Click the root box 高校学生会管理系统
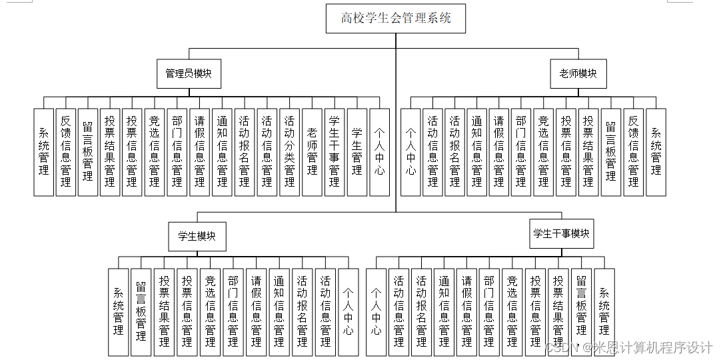point(395,18)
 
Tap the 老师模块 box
point(578,73)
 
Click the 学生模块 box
point(197,236)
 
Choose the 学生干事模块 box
point(561,234)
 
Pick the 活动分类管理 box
point(289,151)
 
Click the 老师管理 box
point(312,151)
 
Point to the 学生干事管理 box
point(335,151)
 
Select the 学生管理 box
point(357,151)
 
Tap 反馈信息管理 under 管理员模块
point(65,151)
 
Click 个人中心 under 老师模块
point(410,151)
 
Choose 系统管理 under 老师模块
point(656,151)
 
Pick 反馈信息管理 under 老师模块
point(634,151)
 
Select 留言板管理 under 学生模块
point(141,311)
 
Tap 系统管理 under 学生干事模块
point(604,311)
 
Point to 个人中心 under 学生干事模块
point(376,311)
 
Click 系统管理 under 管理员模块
point(43,151)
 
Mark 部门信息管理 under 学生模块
point(233,311)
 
